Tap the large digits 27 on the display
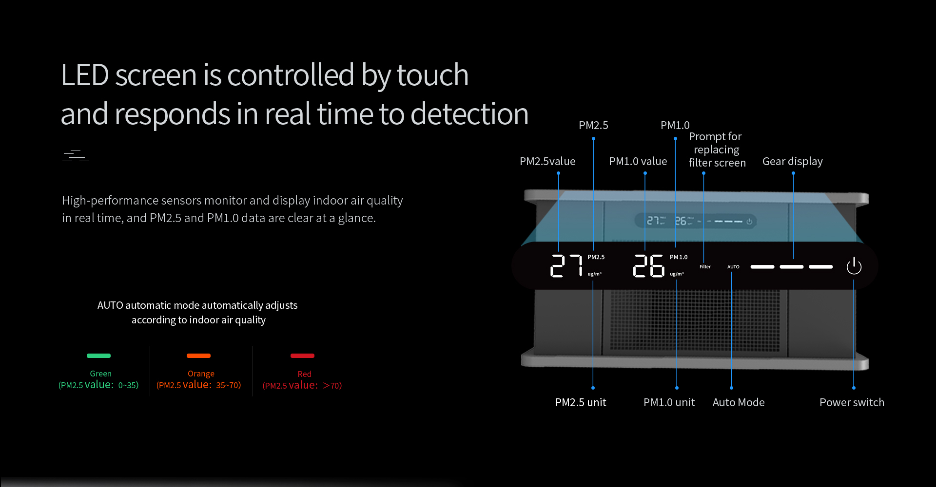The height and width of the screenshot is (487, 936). pos(566,266)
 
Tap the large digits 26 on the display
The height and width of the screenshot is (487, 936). pos(649,266)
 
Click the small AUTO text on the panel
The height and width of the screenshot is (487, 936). pos(733,267)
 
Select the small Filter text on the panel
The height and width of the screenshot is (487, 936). pos(705,267)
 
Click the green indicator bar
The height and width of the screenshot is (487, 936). pos(98,356)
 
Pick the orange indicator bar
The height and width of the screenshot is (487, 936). pos(198,356)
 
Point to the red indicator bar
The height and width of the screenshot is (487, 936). pos(302,356)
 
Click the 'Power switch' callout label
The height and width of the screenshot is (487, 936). pos(852,402)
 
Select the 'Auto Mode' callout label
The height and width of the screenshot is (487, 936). pos(739,402)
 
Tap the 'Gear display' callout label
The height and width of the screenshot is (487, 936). pos(793,161)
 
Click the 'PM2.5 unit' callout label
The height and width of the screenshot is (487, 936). pos(580,402)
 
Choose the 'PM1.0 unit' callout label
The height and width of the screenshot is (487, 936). pos(669,402)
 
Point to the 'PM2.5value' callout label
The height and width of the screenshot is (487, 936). pos(547,161)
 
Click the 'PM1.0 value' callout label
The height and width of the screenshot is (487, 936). pos(638,161)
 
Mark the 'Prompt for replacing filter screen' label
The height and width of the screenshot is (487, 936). pos(717,150)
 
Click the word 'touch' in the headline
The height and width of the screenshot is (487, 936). pos(432,75)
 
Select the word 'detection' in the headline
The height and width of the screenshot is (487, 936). pos(469,114)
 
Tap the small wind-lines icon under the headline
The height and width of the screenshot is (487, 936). pos(76,156)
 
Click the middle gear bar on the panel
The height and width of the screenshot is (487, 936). pos(792,266)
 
